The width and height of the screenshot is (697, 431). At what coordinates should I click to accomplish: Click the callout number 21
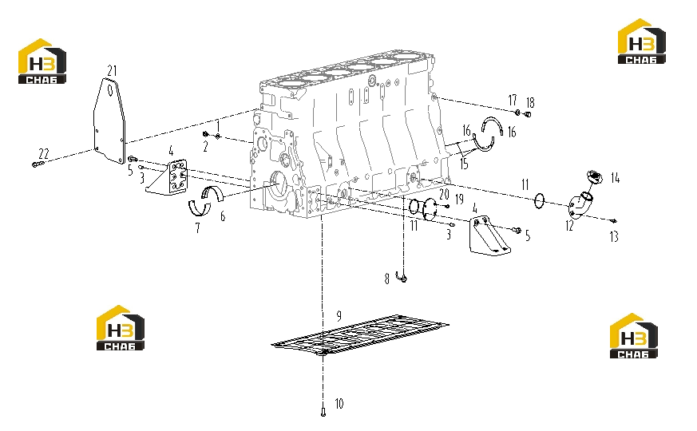(x=112, y=71)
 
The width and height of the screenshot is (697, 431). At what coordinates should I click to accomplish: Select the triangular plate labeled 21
(x=109, y=120)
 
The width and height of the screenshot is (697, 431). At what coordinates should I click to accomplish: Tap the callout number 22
(x=44, y=154)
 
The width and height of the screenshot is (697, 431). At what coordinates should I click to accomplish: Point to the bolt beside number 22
(x=38, y=164)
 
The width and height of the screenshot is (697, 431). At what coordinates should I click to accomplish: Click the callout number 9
(x=339, y=316)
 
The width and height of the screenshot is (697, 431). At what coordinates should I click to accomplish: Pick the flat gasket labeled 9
(x=360, y=335)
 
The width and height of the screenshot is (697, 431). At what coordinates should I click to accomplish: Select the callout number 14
(x=616, y=178)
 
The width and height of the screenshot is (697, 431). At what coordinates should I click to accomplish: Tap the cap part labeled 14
(x=594, y=176)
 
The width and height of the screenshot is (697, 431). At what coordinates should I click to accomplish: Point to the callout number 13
(x=614, y=237)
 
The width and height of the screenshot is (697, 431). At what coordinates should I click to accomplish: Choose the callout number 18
(x=530, y=103)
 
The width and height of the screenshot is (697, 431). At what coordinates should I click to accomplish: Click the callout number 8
(x=386, y=279)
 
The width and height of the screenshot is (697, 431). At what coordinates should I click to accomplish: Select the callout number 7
(x=198, y=228)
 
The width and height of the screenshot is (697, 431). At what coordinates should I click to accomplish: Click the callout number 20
(x=444, y=194)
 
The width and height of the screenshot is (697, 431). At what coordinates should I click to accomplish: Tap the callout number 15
(x=464, y=164)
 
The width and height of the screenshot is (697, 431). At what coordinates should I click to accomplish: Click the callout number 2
(x=205, y=147)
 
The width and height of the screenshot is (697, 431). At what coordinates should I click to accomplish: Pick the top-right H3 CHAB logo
(x=641, y=42)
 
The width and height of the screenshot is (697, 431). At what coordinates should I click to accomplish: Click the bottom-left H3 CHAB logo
(x=121, y=328)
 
